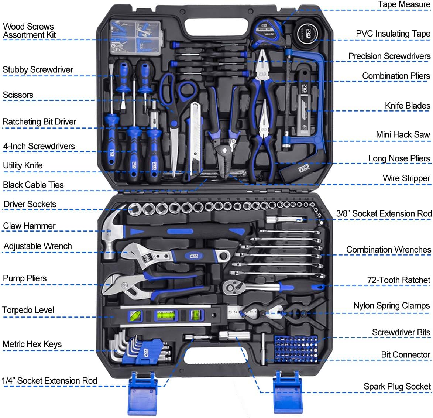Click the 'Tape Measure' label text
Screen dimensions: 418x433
tap(403, 4)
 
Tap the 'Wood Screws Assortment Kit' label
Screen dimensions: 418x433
tap(29, 31)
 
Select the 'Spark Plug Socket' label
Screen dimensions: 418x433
tap(397, 386)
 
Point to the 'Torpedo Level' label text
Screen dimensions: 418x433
tap(28, 310)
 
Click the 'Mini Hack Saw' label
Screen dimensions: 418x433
tap(403, 135)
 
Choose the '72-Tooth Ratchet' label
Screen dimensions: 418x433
tap(398, 280)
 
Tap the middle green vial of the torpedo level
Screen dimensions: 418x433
tap(166, 315)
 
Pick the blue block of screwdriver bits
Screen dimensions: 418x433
tap(296, 349)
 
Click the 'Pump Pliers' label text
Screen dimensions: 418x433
tap(25, 278)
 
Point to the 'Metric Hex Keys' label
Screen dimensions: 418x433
tap(32, 345)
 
